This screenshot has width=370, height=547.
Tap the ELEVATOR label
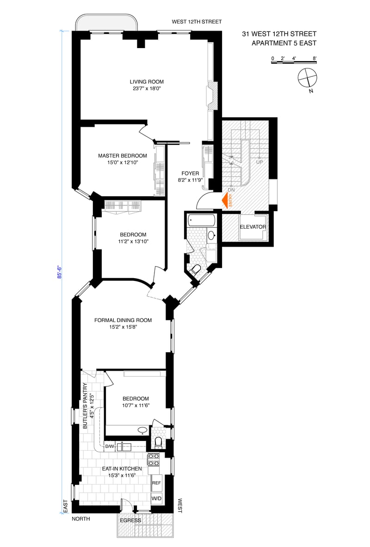click(253, 227)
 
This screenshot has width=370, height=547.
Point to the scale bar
click(294, 62)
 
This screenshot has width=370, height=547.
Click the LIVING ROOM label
click(147, 81)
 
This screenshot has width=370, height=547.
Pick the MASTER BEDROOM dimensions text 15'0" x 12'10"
click(123, 162)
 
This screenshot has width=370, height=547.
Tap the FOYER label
click(191, 174)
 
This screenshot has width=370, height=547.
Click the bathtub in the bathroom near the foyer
click(202, 220)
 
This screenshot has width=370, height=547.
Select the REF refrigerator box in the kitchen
click(157, 483)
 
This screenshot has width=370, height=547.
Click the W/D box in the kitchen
click(157, 498)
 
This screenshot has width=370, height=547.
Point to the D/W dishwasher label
click(110, 447)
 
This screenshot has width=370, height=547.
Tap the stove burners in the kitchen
click(154, 460)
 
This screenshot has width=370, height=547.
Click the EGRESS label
click(131, 520)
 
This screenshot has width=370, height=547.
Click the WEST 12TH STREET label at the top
click(197, 22)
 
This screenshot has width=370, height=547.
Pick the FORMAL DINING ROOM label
click(123, 320)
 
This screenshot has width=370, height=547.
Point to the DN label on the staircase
click(231, 190)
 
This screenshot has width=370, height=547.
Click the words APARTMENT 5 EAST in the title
click(284, 43)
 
